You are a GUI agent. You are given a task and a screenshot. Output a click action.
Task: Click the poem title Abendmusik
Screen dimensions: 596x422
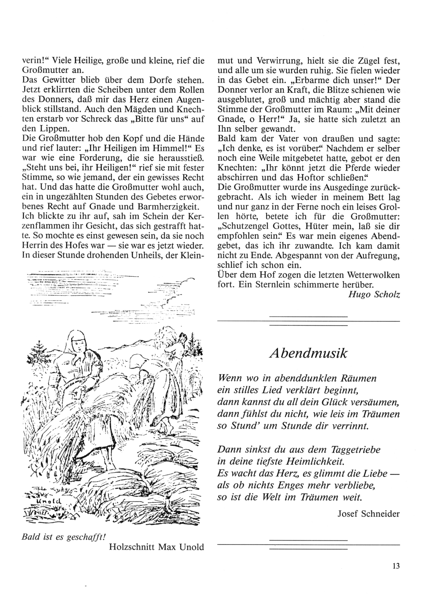[308, 353]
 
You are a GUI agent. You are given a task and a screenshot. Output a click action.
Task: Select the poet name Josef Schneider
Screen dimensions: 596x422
[368, 513]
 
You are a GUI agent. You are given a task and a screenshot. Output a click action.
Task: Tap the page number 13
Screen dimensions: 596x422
[395, 566]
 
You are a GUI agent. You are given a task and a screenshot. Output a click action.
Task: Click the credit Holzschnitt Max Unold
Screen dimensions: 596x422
[156, 547]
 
